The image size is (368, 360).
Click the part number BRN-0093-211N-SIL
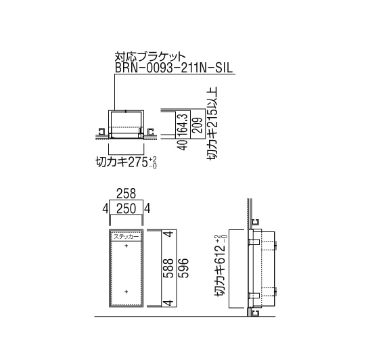pyautogui.click(x=174, y=68)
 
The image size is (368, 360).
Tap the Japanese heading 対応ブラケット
pyautogui.click(x=150, y=57)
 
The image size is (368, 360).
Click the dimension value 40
pyautogui.click(x=183, y=145)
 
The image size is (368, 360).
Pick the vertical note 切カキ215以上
pyautogui.click(x=212, y=124)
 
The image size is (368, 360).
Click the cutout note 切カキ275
pyautogui.click(x=122, y=162)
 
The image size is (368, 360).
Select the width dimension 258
pyautogui.click(x=127, y=194)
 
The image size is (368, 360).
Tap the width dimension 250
pyautogui.click(x=127, y=209)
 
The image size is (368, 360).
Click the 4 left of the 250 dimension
pyautogui.click(x=106, y=209)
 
